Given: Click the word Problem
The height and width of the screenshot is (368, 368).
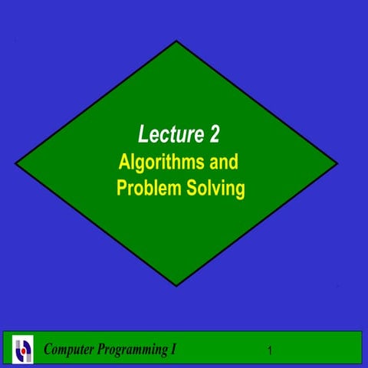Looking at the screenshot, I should point(147,188).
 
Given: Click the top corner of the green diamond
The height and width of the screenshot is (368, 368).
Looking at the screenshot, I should point(177,41).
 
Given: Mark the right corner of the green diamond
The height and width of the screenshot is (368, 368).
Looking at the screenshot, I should point(337,164).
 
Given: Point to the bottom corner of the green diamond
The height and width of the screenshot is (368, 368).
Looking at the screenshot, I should point(177,286).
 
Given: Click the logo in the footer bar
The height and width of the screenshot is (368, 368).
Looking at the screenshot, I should point(24,350).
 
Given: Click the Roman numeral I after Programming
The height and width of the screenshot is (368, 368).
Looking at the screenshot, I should point(172,350).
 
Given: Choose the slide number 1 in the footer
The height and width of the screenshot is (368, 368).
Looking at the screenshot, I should point(271,351).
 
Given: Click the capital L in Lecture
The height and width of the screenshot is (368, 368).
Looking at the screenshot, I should point(143,136).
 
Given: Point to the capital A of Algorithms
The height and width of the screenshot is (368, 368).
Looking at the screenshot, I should point(123,163).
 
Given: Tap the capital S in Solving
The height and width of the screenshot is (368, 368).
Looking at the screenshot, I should point(189,188).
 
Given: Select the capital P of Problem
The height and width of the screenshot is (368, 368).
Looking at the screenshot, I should point(122,188).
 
